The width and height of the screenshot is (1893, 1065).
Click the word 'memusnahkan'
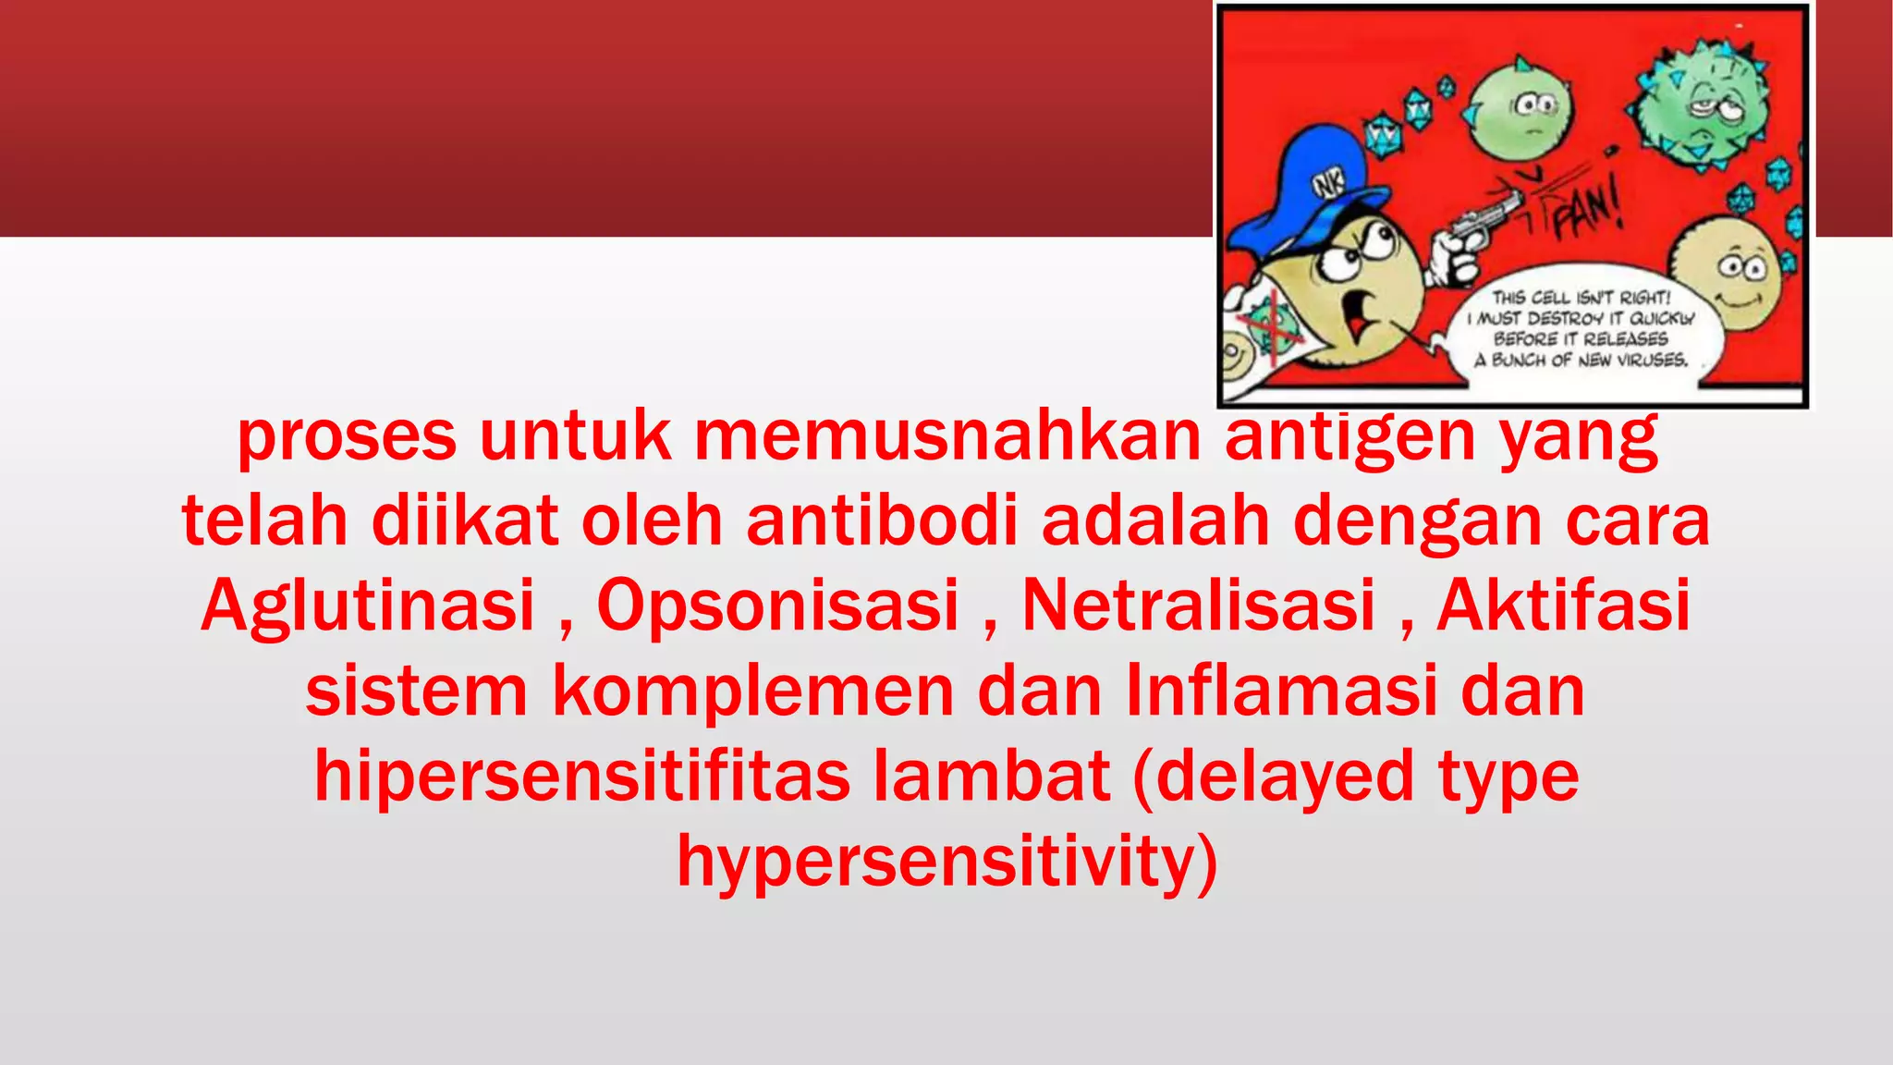click(x=946, y=436)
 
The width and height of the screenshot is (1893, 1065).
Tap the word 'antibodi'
click(x=882, y=520)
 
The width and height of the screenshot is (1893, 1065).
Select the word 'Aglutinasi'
click(x=368, y=606)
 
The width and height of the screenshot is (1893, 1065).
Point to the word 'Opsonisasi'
click(x=778, y=606)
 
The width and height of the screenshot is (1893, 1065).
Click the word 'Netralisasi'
click(x=1198, y=606)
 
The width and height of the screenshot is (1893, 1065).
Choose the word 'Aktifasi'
click(x=1563, y=606)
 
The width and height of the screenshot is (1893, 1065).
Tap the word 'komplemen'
click(x=752, y=692)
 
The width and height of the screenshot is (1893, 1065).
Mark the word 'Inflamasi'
click(x=1281, y=692)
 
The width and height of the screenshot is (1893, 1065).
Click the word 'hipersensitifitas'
click(x=581, y=777)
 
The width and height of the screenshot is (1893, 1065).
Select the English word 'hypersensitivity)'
click(x=947, y=863)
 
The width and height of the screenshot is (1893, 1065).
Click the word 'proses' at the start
click(x=347, y=436)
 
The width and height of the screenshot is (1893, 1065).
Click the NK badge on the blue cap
click(x=1329, y=183)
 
